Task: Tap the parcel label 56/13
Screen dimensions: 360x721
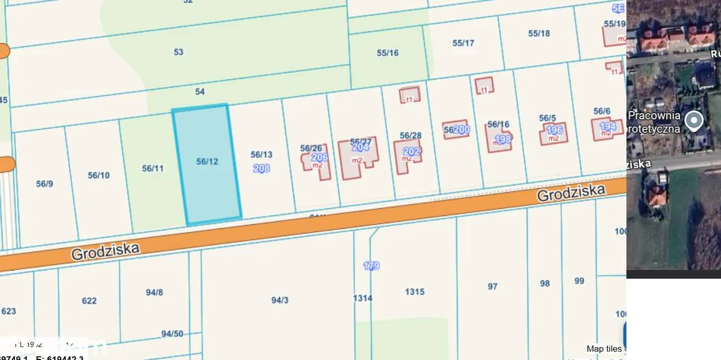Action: pos(261,154)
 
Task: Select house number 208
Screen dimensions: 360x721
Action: pos(261,168)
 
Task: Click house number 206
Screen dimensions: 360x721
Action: pos(319,157)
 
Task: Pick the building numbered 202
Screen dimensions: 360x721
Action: pos(412,152)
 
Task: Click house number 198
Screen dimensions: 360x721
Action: pos(502,139)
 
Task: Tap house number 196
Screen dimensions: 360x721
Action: pos(554,130)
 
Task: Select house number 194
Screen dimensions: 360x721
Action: pos(608,126)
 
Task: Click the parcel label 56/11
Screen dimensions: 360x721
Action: pos(153,168)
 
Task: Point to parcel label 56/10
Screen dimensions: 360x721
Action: pos(99,175)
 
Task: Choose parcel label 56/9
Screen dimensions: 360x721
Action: pos(44,183)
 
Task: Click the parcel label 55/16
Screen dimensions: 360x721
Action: pos(388,53)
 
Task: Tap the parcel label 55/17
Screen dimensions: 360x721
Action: pos(463,43)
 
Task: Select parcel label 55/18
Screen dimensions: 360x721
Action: pos(539,33)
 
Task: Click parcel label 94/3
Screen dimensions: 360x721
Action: pos(279,300)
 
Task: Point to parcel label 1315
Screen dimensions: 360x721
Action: pos(415,291)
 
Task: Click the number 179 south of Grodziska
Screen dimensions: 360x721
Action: pos(371,266)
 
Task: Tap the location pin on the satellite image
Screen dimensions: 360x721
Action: pos(693,120)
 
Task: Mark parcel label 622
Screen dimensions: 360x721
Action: pos(89,300)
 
